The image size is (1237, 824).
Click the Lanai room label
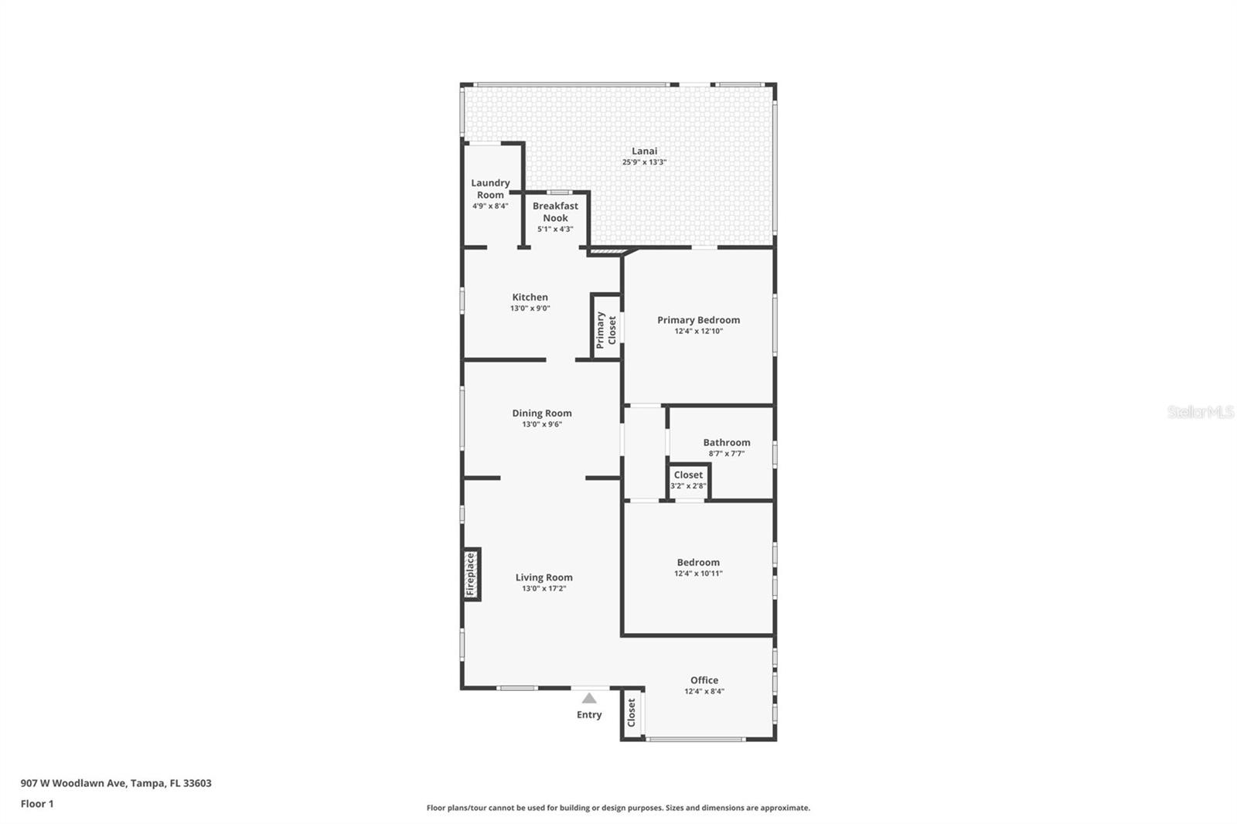(x=645, y=151)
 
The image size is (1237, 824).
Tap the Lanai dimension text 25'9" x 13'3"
(x=645, y=162)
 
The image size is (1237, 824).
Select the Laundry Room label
(x=490, y=189)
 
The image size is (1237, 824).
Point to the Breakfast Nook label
(x=555, y=212)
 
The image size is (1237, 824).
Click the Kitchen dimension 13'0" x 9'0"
(x=530, y=308)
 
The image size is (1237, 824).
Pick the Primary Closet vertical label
(x=606, y=330)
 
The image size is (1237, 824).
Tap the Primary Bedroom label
(x=699, y=320)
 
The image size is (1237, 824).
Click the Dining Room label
(x=542, y=413)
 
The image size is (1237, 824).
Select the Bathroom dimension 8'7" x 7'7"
(x=727, y=454)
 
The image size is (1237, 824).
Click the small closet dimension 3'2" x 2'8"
(x=688, y=486)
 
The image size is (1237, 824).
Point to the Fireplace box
(x=472, y=574)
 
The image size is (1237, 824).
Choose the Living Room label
(x=544, y=577)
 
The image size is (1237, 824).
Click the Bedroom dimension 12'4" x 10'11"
(x=699, y=574)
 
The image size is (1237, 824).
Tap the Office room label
(x=704, y=680)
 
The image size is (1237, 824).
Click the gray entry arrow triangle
(x=589, y=699)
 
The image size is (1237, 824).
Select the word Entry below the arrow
(x=589, y=715)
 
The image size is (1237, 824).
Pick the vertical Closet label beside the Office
(x=631, y=713)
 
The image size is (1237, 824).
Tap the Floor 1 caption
(x=37, y=804)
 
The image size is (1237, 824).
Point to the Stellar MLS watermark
(x=1201, y=412)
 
